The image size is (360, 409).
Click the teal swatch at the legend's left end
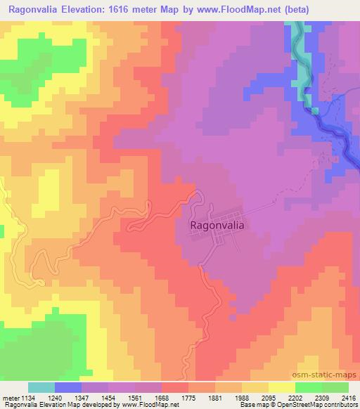pos(41,387)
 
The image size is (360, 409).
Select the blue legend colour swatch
pos(68,387)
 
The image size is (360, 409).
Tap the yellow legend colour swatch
pos(282,387)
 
